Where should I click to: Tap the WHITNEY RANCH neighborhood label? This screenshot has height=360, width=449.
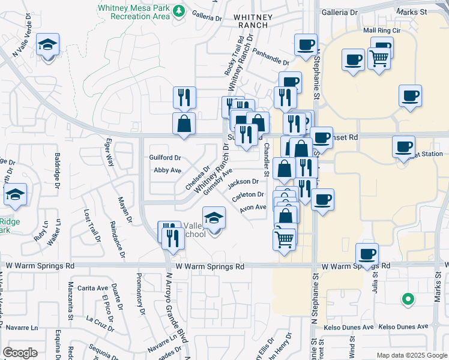click(x=257, y=23)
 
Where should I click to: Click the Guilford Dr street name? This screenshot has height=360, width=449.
click(x=165, y=157)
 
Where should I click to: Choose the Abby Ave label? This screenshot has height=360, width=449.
click(x=167, y=170)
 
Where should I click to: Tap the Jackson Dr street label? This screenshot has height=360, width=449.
click(x=243, y=181)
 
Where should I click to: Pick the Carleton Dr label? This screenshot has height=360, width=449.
click(x=248, y=194)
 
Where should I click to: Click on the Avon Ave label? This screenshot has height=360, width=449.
click(x=253, y=208)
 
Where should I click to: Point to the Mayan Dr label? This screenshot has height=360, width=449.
click(x=124, y=209)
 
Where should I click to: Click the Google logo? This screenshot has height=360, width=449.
click(x=20, y=353)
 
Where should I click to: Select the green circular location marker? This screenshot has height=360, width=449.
click(x=408, y=298)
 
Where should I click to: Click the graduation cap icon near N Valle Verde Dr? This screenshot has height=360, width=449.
click(x=47, y=45)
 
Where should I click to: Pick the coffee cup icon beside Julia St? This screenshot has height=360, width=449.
click(x=367, y=254)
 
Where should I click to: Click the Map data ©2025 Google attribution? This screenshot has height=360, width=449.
click(x=411, y=355)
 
